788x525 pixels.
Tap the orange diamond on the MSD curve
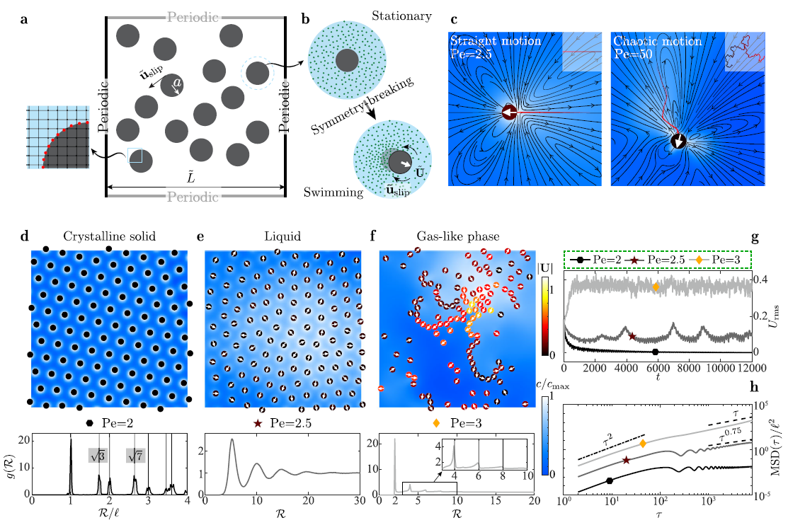coord(643,444)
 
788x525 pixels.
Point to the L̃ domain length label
coord(195,177)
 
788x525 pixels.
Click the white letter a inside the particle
coord(177,83)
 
